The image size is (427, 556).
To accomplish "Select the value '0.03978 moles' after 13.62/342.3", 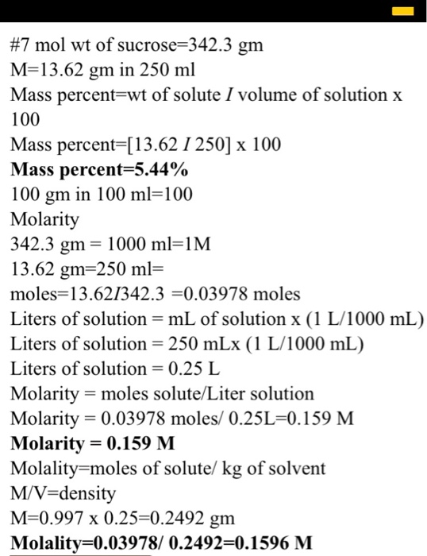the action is [245, 295].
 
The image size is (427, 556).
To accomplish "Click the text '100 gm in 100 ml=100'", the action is [102, 195].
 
